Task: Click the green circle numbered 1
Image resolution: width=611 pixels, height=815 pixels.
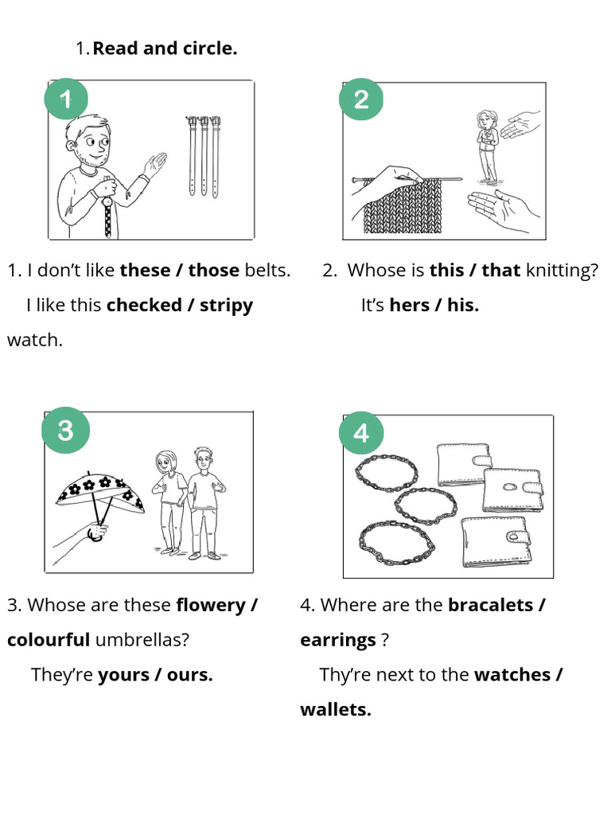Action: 66,99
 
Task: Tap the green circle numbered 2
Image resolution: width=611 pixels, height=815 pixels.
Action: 361,99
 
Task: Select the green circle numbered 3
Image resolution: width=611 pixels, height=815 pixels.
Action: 65,431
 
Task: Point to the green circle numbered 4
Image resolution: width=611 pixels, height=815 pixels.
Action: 361,433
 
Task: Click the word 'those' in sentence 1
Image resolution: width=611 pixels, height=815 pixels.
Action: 213,271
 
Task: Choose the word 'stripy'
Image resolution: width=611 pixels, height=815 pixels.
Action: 226,306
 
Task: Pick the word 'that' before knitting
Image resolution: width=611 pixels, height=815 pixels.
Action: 501,271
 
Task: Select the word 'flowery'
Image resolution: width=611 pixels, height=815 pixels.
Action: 210,606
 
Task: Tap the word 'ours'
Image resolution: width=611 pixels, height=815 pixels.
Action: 189,675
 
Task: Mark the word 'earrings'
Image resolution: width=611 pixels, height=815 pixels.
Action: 337,641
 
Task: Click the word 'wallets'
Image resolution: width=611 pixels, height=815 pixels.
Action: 336,709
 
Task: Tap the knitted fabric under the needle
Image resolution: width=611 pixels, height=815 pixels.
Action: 402,206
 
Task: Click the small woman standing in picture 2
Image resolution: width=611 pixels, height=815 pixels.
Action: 488,146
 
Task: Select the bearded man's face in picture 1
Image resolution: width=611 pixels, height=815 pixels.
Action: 89,143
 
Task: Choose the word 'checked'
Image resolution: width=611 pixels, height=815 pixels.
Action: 144,305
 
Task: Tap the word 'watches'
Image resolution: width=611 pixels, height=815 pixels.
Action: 512,675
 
